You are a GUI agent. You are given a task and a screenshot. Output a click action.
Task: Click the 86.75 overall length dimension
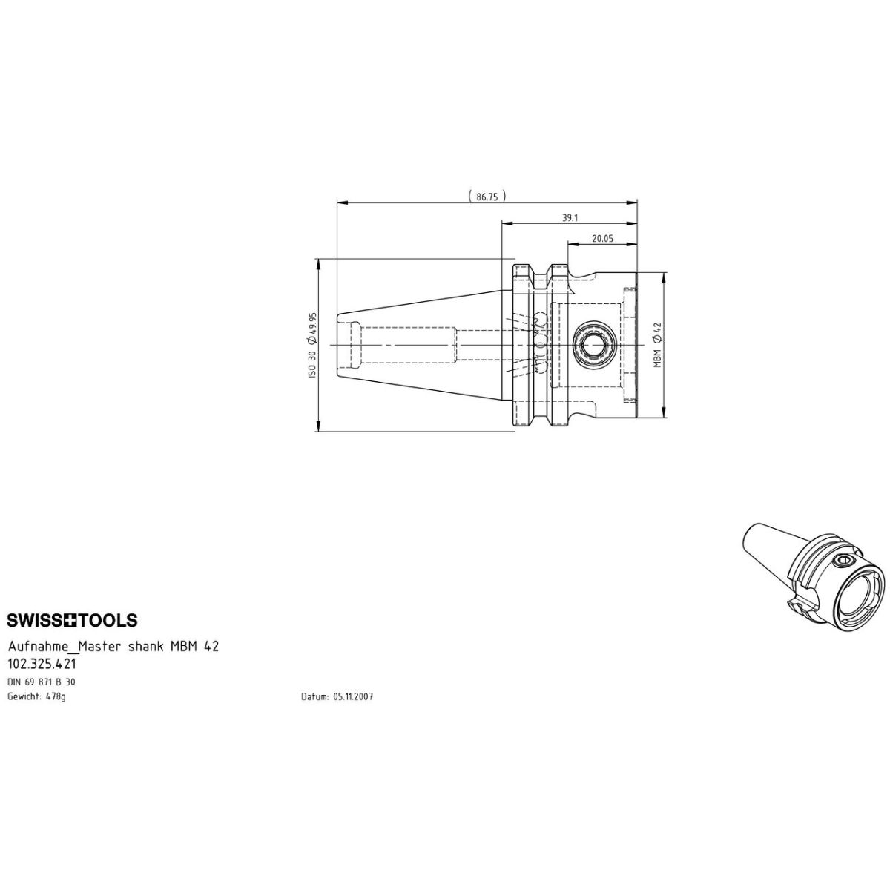click(x=487, y=197)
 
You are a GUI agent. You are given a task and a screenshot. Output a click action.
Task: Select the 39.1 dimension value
click(x=570, y=218)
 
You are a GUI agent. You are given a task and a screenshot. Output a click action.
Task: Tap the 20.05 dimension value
click(x=602, y=238)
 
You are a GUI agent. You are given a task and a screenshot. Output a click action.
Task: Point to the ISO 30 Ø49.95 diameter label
click(x=313, y=345)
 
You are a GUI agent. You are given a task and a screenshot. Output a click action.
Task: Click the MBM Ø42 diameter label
click(x=658, y=345)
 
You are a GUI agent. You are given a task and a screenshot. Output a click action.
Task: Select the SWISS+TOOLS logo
click(x=72, y=620)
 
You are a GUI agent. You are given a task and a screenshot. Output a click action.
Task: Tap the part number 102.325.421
click(x=42, y=664)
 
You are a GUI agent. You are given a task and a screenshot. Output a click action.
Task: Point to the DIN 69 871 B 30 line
click(x=41, y=682)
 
